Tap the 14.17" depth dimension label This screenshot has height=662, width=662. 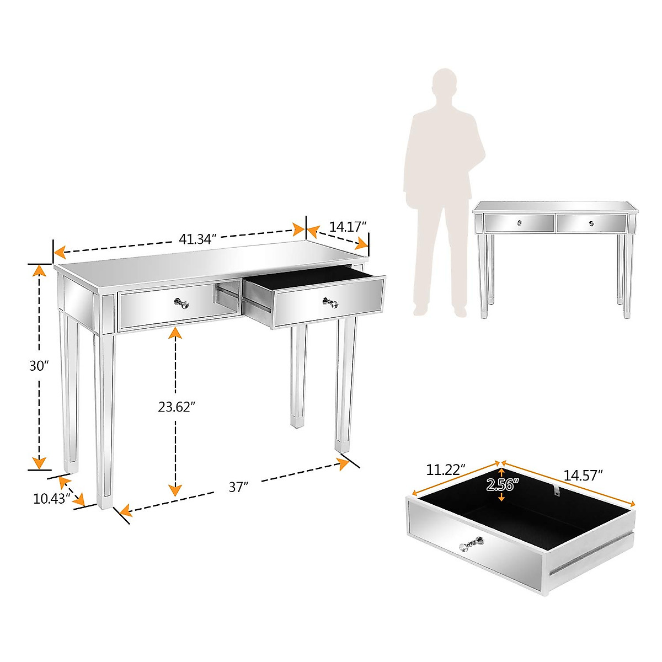click(348, 226)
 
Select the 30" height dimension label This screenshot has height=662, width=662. click(39, 366)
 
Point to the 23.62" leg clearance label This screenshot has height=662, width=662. click(177, 407)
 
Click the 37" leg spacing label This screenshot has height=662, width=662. click(238, 487)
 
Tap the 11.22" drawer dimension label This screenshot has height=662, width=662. click(446, 470)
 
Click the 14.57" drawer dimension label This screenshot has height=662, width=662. click(583, 475)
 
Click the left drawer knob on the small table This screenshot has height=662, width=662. click(519, 223)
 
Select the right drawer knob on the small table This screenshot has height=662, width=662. click(591, 223)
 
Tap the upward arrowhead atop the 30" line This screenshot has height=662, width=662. click(39, 270)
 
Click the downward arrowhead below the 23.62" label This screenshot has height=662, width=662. click(175, 489)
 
